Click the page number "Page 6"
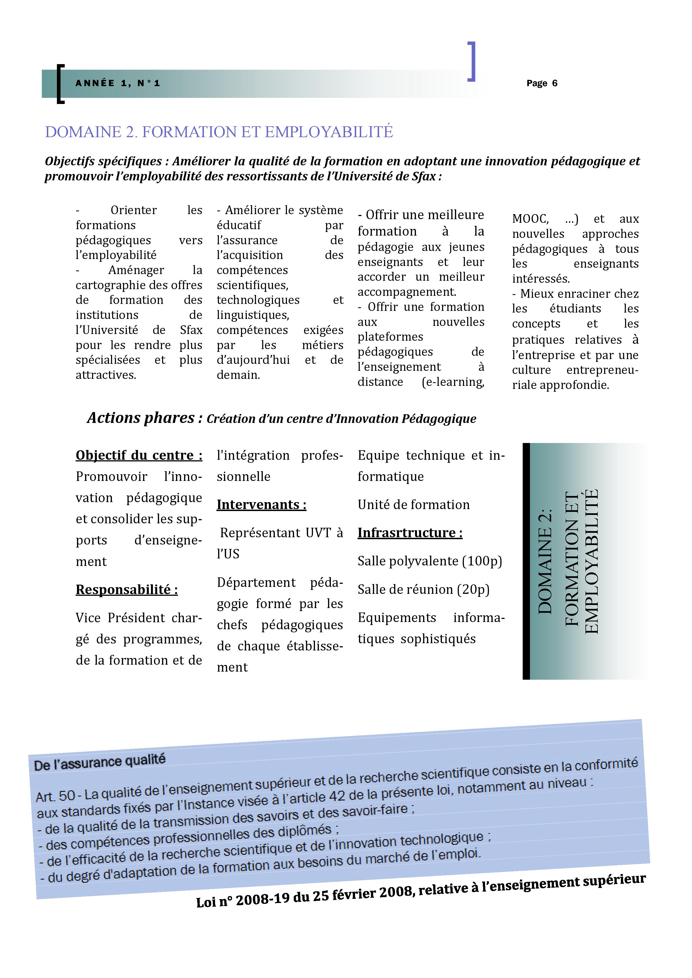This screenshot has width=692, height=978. coord(542,83)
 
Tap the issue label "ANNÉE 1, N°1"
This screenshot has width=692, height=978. coord(118,83)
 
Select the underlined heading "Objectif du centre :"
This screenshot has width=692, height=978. coord(139,455)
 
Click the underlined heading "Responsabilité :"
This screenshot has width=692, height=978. coord(127,590)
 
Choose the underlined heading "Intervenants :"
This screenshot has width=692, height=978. coord(261,505)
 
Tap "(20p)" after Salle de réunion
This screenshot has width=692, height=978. coord(473,590)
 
